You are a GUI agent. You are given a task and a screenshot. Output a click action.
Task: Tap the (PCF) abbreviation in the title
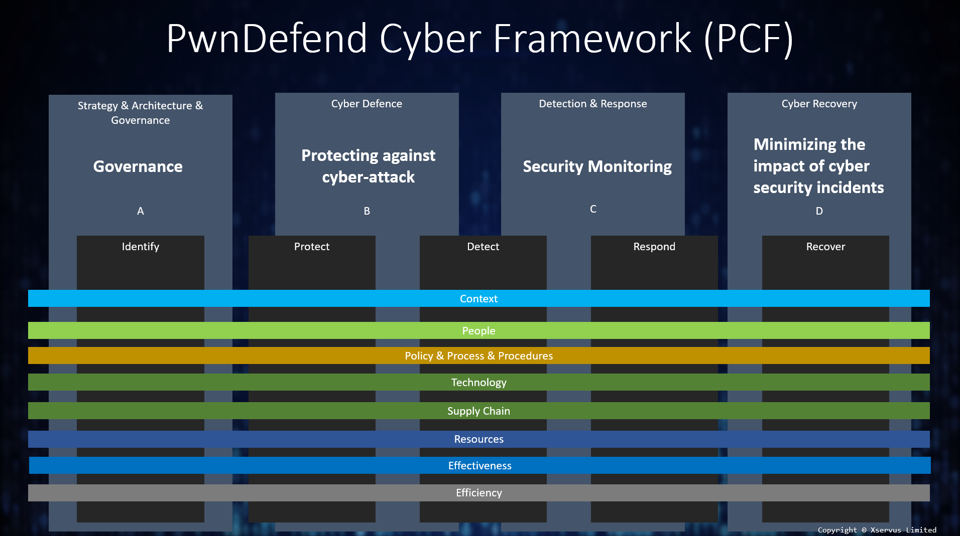[749, 39]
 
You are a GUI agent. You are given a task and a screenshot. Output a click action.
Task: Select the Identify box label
[141, 247]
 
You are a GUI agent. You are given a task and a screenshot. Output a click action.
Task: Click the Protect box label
[312, 247]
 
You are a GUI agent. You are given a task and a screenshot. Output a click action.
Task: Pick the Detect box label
[483, 247]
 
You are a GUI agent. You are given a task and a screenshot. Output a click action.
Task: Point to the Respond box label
[654, 247]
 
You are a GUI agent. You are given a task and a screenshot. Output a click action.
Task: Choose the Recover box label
[825, 247]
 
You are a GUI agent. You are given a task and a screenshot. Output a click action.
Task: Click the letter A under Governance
[141, 211]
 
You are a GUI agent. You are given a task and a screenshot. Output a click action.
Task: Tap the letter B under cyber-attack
[367, 211]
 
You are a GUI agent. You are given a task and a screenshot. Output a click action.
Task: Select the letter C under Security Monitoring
[593, 209]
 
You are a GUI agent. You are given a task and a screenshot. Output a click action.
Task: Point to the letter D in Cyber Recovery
[819, 211]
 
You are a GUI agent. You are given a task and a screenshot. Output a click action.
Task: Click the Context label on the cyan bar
[479, 299]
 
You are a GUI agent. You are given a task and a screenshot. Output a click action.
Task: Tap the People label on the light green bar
[479, 331]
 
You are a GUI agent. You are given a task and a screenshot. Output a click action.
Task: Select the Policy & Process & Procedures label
[479, 356]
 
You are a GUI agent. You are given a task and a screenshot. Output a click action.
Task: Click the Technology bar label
[479, 383]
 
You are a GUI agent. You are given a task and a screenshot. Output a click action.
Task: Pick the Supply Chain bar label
[479, 411]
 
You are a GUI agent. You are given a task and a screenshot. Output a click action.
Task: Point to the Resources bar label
[479, 439]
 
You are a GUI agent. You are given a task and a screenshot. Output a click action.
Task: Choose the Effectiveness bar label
[480, 466]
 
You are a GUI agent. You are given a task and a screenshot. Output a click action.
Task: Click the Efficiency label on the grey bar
[479, 493]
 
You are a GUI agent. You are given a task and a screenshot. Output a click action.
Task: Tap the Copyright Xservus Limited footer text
[877, 530]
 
